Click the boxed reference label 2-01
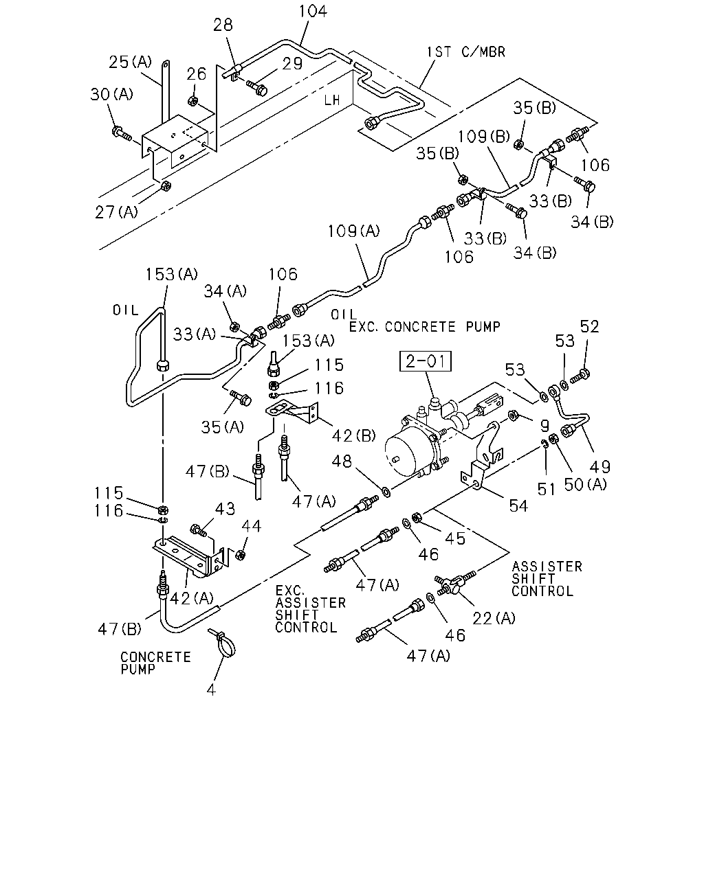tap(426, 361)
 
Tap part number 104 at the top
tap(313, 12)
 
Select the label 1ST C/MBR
tap(466, 52)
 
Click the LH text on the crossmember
tap(332, 100)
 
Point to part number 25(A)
tap(130, 62)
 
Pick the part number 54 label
tap(518, 506)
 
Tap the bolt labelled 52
tap(580, 376)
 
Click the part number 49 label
tap(600, 466)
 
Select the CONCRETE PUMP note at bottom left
tap(155, 663)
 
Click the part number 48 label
tap(342, 461)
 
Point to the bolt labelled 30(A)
tap(121, 133)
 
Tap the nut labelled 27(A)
tap(165, 186)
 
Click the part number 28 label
tap(223, 25)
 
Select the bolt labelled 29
tap(257, 87)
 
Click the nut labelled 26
tap(193, 100)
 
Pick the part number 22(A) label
tap(494, 619)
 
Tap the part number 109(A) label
tap(354, 231)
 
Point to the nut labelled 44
tap(241, 555)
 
